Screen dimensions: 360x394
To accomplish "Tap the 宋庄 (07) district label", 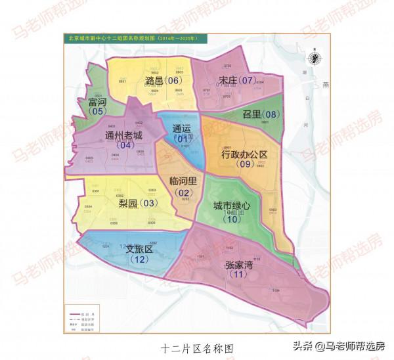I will coord(237,81).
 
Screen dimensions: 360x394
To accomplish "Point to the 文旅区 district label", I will coord(139,250).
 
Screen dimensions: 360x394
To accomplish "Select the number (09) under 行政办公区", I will coord(246,165).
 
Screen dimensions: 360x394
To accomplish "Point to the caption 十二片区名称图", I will coord(196,347).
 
